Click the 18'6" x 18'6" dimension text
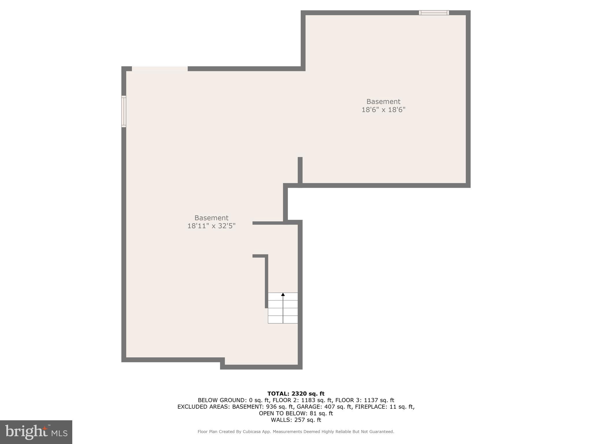(x=383, y=110)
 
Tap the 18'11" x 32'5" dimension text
(x=211, y=226)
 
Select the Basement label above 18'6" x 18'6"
(x=383, y=101)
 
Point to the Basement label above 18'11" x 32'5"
(x=211, y=218)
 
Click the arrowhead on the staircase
(x=283, y=295)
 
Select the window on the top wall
(x=434, y=13)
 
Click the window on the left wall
(x=124, y=111)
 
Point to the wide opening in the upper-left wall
(x=160, y=69)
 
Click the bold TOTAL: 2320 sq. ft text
(x=296, y=394)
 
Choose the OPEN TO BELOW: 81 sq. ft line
(x=296, y=413)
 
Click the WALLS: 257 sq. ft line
(x=296, y=420)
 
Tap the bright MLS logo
(x=36, y=432)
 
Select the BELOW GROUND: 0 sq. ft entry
(x=234, y=400)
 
